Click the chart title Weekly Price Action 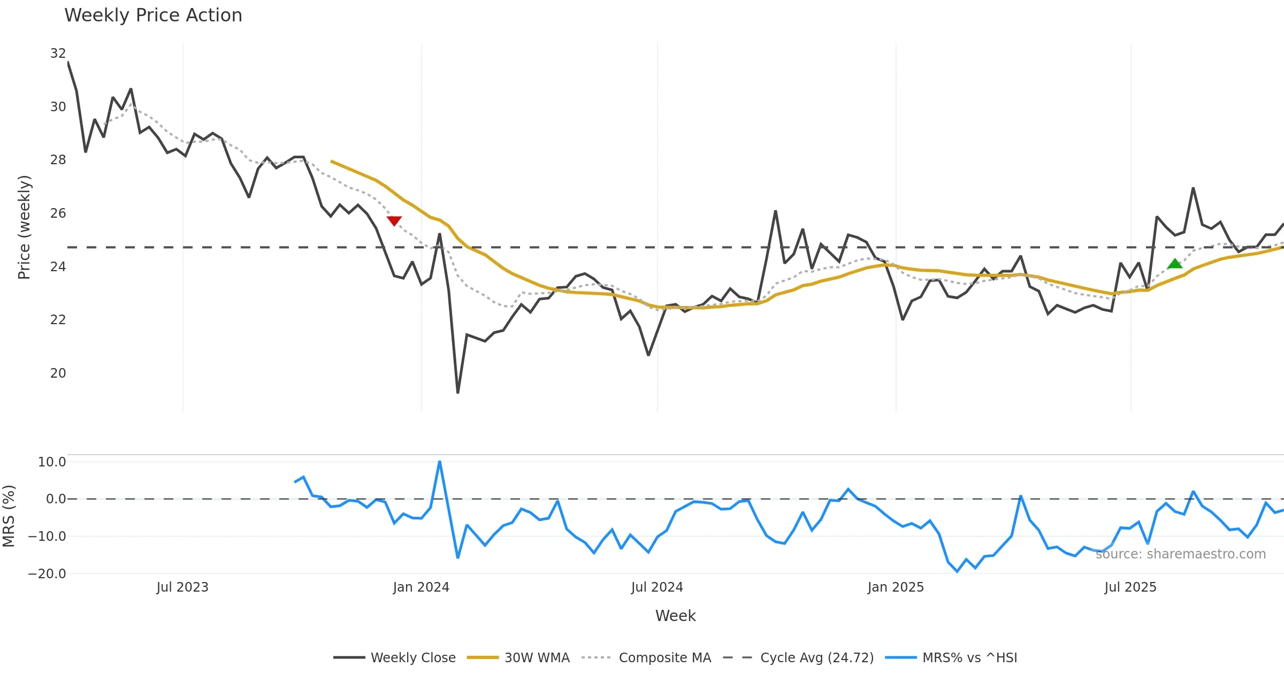153,16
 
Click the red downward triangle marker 394,220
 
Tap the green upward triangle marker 1175,264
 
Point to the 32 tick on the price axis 58,53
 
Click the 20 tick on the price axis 58,373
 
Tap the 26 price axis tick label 58,213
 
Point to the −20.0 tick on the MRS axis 47,574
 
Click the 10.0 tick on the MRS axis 52,462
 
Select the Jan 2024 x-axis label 421,587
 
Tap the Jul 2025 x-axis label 1130,587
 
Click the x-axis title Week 675,616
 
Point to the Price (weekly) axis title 25,227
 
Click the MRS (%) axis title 9,516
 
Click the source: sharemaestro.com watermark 1180,554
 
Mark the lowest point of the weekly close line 458,393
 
